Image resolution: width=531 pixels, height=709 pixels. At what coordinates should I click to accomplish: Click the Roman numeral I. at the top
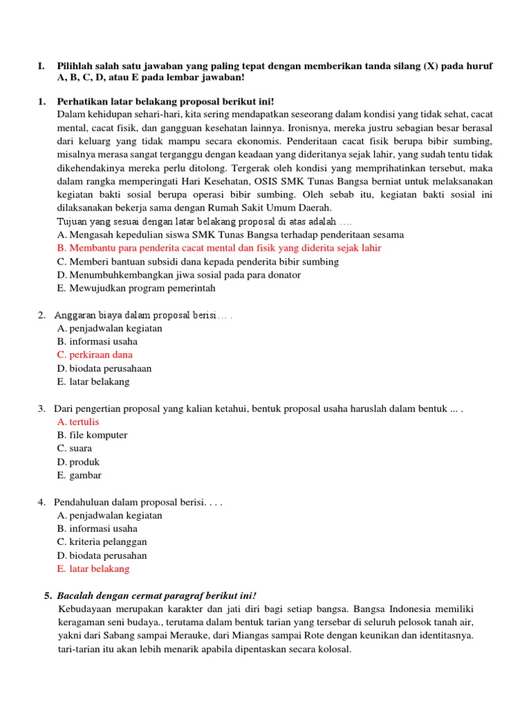click(x=41, y=65)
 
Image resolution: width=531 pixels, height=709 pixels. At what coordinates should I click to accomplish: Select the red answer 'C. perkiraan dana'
click(x=95, y=354)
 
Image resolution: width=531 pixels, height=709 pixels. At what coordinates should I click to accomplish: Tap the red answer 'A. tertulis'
click(x=79, y=422)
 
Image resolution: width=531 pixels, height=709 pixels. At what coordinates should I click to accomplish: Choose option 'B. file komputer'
click(x=93, y=435)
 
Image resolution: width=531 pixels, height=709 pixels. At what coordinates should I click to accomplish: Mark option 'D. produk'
click(x=79, y=462)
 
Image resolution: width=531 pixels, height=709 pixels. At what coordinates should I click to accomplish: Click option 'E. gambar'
click(x=80, y=475)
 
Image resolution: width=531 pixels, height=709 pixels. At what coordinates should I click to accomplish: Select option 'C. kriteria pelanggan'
click(x=102, y=541)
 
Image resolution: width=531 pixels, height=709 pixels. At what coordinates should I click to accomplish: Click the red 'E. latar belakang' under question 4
click(x=93, y=568)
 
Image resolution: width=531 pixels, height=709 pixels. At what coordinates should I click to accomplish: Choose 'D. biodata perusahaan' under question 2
click(x=104, y=368)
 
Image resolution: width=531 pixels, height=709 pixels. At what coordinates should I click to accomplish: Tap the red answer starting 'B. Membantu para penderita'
click(x=219, y=248)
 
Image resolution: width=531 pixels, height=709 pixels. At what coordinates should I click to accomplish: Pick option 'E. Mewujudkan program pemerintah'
click(x=137, y=288)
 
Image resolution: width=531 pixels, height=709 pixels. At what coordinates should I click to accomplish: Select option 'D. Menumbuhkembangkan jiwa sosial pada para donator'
click(x=179, y=275)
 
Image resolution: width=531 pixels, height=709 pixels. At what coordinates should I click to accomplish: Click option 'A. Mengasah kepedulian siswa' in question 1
click(x=231, y=235)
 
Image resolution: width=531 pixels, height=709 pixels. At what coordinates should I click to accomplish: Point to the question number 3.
click(x=41, y=409)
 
